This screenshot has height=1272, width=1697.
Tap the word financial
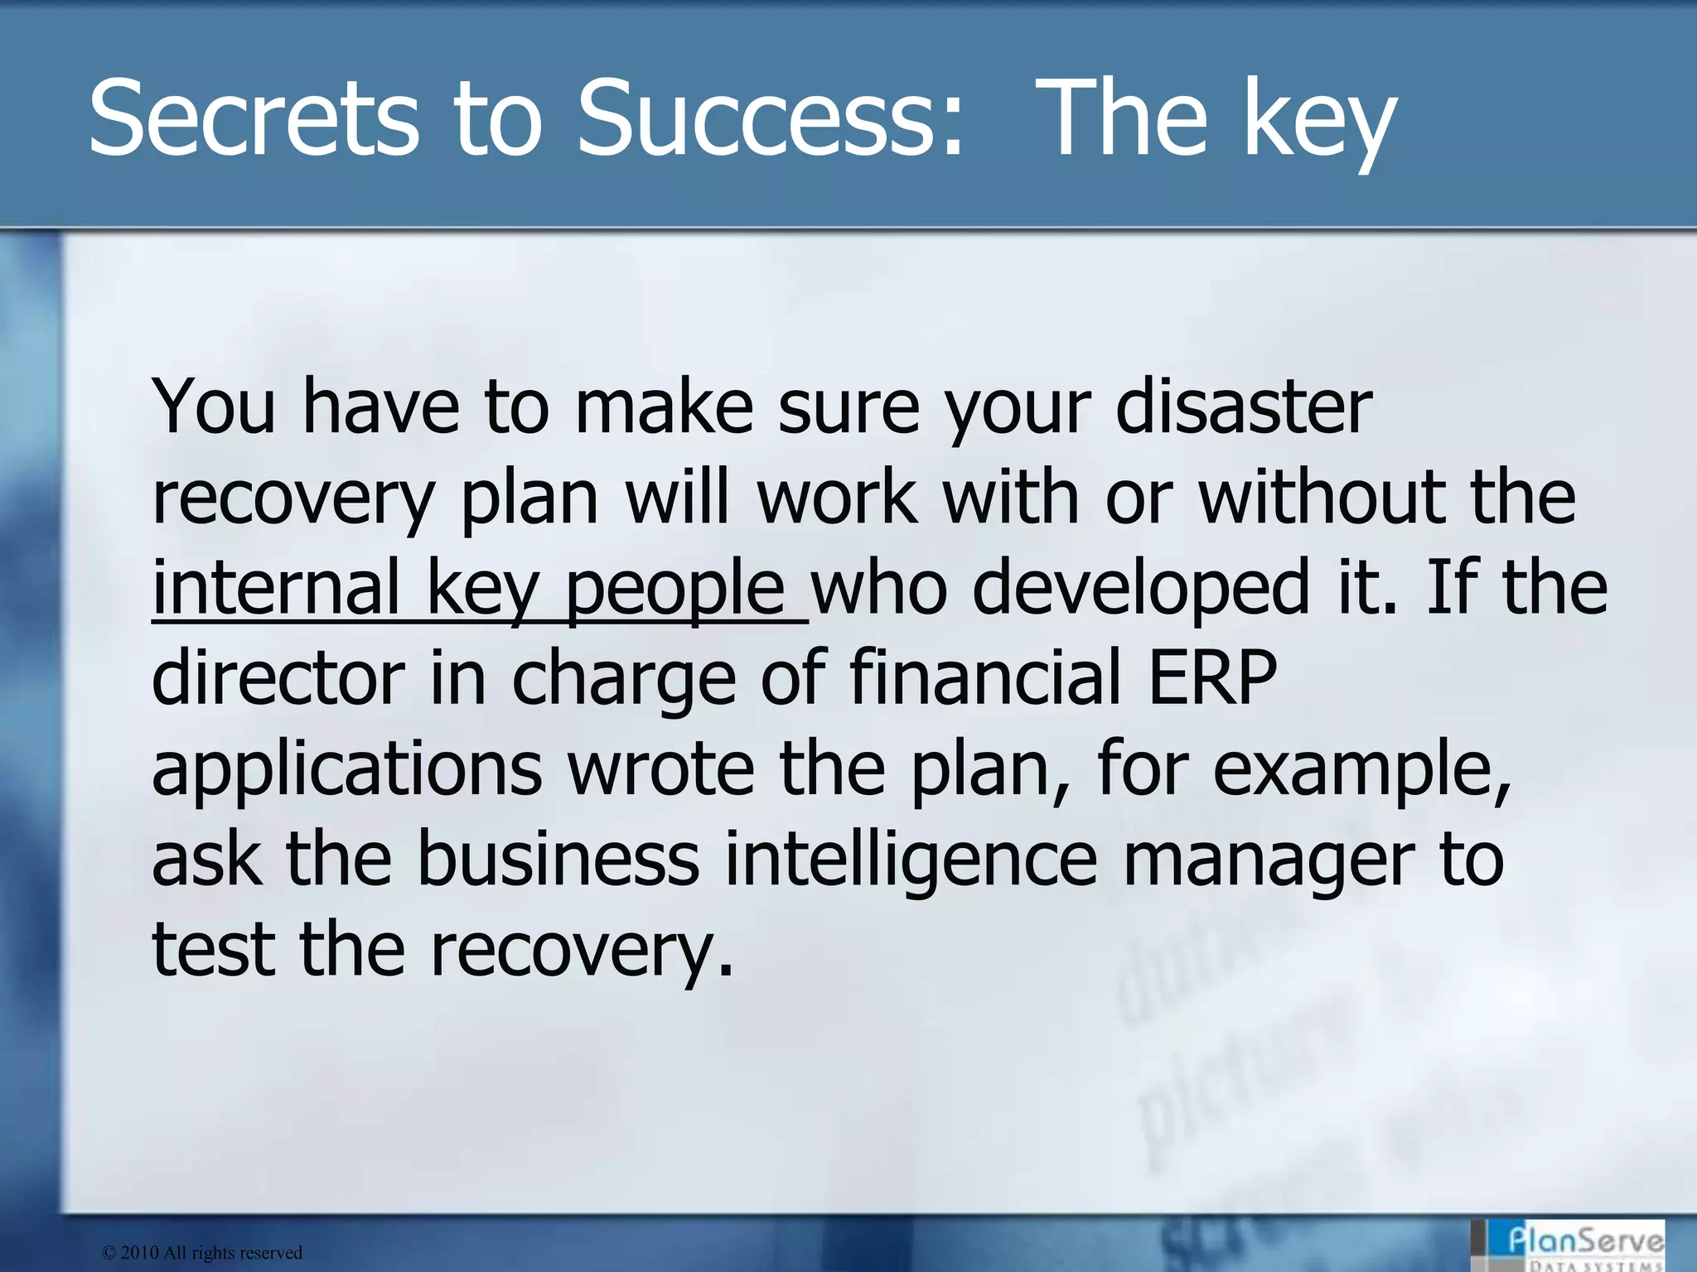point(986,677)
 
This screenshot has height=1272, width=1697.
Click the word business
point(558,860)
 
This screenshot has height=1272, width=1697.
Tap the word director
point(278,677)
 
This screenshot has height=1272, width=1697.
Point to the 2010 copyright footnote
point(202,1253)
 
